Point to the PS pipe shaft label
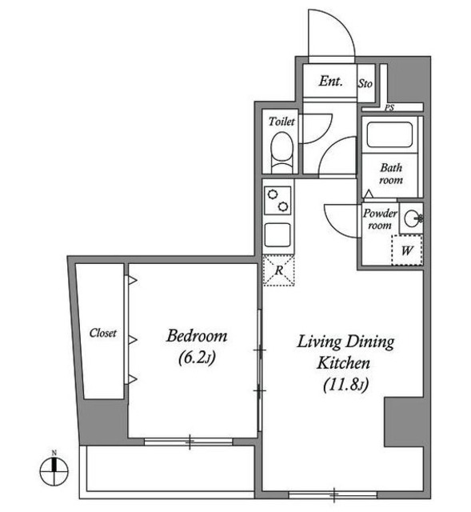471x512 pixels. point(389,107)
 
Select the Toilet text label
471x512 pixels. point(281,122)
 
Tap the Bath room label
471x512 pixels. point(390,174)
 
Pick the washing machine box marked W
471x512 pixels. point(406,250)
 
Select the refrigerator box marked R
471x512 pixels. point(278,270)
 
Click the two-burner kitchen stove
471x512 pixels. point(278,200)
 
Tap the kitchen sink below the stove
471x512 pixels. point(278,235)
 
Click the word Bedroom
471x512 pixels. point(197,336)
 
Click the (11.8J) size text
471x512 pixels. point(345,387)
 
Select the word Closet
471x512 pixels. point(103,333)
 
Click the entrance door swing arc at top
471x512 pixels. point(330,36)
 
